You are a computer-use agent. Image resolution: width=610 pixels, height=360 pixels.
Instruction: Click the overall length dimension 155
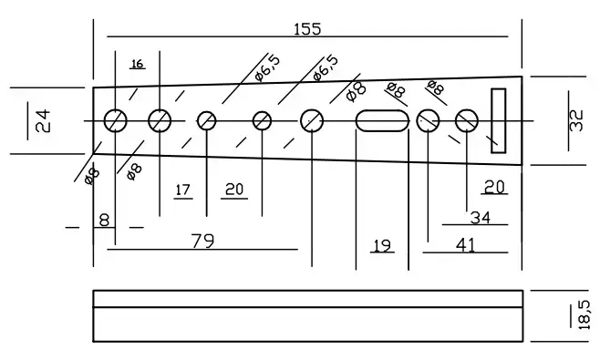click(307, 29)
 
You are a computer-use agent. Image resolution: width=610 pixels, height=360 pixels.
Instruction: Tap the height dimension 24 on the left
click(43, 121)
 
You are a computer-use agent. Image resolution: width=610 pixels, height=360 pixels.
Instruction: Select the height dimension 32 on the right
click(577, 120)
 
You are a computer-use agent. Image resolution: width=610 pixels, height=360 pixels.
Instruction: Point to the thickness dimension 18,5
click(584, 315)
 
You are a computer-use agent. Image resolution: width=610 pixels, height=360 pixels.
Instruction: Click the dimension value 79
click(202, 241)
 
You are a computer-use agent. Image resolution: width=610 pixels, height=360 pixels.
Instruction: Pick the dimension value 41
click(465, 245)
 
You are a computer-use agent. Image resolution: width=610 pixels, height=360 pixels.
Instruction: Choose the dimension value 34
click(481, 218)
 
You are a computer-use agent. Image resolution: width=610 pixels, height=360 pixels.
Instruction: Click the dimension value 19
click(382, 246)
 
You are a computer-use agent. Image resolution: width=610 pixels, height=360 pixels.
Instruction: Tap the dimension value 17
click(183, 190)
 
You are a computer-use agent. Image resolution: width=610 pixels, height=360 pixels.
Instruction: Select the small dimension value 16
click(138, 64)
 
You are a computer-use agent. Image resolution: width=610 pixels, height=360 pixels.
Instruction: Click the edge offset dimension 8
click(104, 221)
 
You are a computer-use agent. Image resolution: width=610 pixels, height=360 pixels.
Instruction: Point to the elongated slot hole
click(382, 121)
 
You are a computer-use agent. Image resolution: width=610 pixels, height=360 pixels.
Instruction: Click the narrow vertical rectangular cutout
click(499, 120)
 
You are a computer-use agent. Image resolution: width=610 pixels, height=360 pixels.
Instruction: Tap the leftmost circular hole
click(116, 121)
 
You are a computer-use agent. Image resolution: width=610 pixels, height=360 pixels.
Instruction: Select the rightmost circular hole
click(467, 121)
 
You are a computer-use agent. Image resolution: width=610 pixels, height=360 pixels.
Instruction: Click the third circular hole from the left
click(207, 121)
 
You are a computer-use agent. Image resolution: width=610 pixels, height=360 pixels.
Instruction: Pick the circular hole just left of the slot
click(312, 121)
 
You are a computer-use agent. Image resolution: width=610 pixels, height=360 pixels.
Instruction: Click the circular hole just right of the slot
click(428, 121)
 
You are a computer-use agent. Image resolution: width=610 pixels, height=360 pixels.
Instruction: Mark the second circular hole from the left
click(160, 121)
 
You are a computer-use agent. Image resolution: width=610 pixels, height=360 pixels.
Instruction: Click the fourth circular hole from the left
click(262, 121)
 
